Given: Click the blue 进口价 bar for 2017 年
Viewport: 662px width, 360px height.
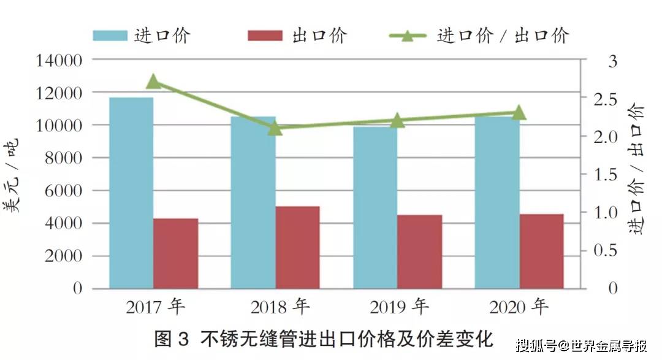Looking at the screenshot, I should pos(131,193).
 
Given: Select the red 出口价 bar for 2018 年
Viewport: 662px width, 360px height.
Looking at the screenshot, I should pos(297,247).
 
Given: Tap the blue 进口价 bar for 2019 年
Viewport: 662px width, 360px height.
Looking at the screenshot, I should pos(375,207).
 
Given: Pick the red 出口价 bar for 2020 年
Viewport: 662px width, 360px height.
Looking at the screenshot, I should pos(541,251).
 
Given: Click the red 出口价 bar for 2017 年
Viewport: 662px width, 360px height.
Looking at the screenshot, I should pos(176,253).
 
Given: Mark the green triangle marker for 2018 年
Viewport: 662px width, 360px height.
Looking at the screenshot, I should pos(275,128).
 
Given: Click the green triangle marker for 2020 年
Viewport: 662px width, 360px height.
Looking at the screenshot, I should pos(519,113).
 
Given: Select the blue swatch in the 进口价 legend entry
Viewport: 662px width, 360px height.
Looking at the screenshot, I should pos(110,35).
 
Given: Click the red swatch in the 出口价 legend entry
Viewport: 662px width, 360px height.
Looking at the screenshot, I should pos(265,35).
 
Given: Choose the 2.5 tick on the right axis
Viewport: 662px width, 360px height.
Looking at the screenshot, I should pos(604,99).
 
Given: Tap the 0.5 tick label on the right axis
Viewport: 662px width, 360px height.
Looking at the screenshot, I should pos(604,251).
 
